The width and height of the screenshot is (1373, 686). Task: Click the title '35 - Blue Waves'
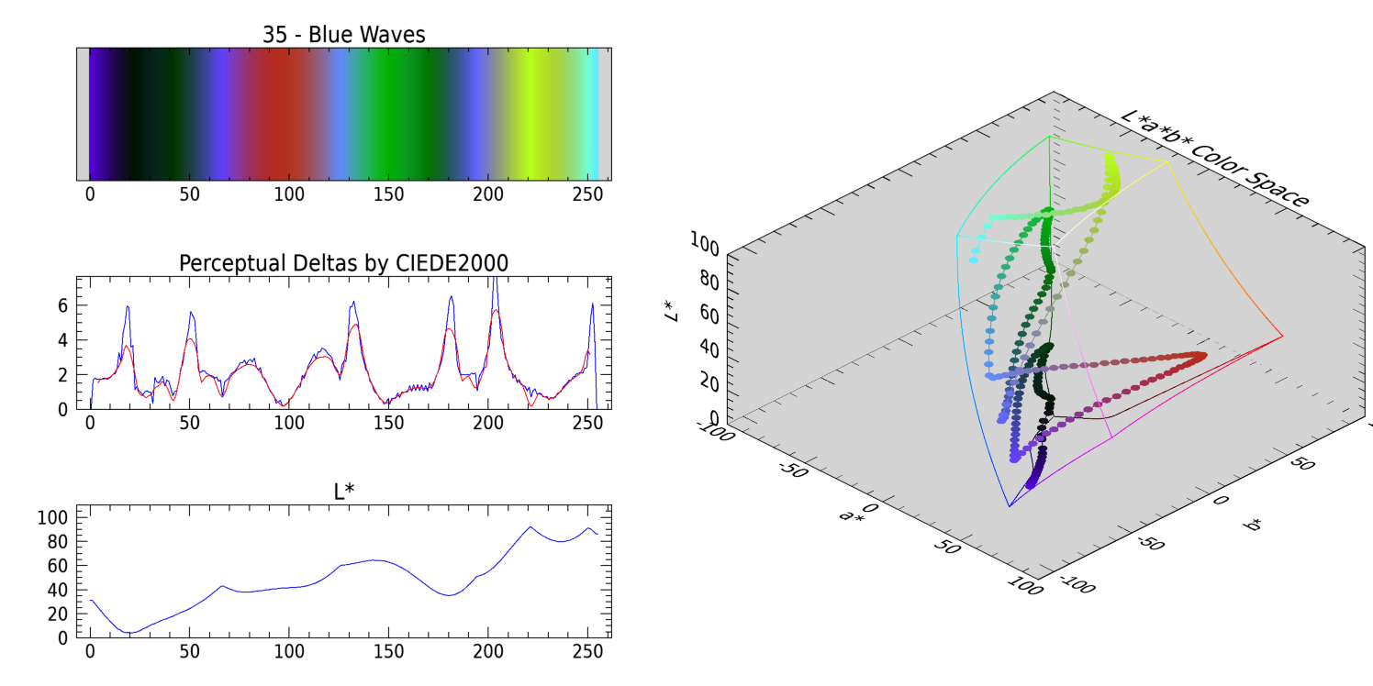pyautogui.click(x=343, y=35)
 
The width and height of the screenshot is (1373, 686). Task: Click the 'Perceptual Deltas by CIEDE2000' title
pyautogui.click(x=343, y=263)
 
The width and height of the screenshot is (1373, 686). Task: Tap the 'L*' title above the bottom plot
pyautogui.click(x=343, y=492)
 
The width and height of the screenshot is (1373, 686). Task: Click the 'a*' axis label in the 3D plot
pyautogui.click(x=851, y=515)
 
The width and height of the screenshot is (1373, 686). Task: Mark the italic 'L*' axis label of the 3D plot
pyautogui.click(x=673, y=312)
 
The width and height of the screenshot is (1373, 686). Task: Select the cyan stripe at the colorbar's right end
pyautogui.click(x=595, y=114)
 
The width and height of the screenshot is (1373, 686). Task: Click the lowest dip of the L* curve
pyautogui.click(x=129, y=632)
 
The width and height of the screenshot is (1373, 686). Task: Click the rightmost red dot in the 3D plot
pyautogui.click(x=1201, y=356)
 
